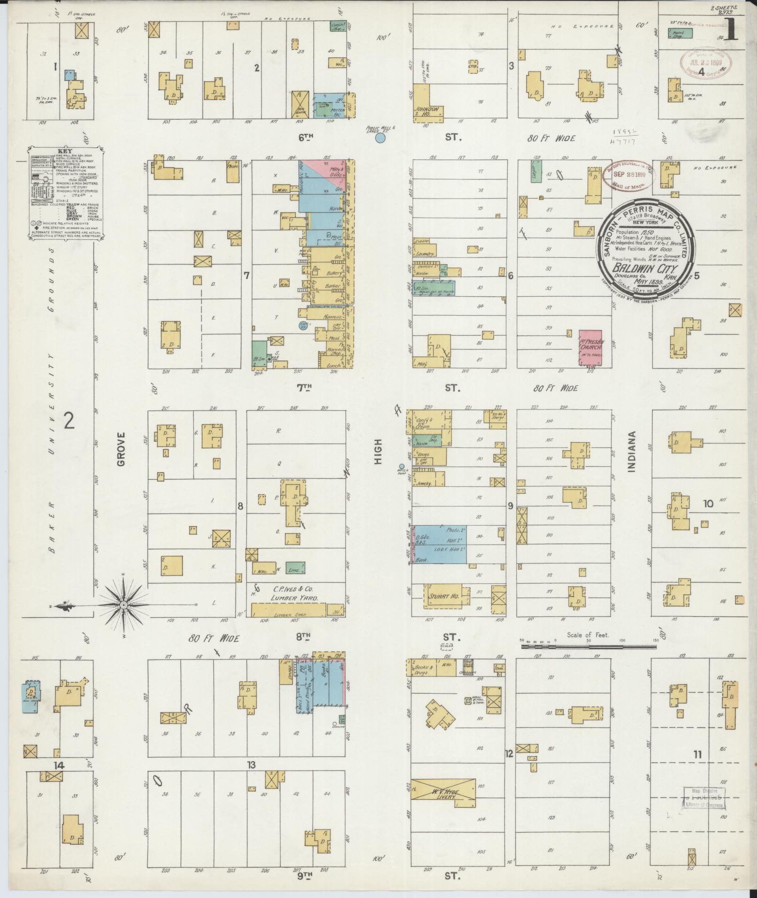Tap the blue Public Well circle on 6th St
pyautogui.click(x=381, y=138)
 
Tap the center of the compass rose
pyautogui.click(x=123, y=606)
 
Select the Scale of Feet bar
pyautogui.click(x=589, y=646)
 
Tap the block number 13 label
pyautogui.click(x=252, y=766)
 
